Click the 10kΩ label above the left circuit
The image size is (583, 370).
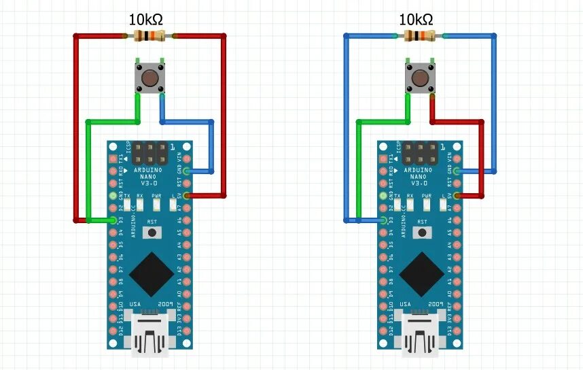pos(145,20)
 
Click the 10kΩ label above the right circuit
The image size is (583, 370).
pos(416,20)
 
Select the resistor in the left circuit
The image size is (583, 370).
pos(149,37)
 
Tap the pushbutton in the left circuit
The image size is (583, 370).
pos(150,78)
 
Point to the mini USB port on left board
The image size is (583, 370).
pos(151,333)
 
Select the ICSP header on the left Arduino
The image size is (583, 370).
pos(151,151)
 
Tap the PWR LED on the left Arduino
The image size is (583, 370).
pos(156,203)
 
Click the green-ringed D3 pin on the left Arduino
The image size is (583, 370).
pos(113,220)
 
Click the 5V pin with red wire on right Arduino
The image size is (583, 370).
pos(459,196)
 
